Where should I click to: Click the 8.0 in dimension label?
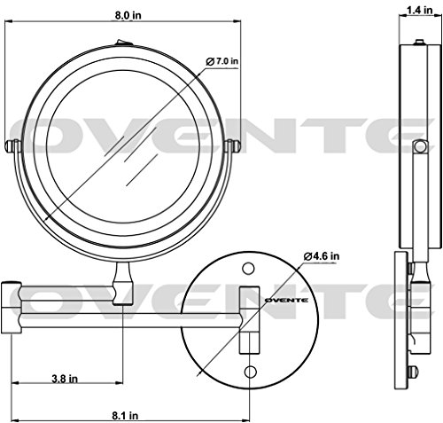pos(128,15)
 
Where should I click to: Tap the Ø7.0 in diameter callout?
pos(222,61)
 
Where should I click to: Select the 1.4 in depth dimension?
pos(420,10)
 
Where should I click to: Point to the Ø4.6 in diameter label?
pos(322,256)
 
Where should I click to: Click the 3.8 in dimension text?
pos(65,379)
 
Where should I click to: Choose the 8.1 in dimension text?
pos(125,416)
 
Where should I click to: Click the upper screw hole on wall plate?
pos(248,269)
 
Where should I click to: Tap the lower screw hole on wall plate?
pos(251,372)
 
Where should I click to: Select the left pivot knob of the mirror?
pos(12,145)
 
